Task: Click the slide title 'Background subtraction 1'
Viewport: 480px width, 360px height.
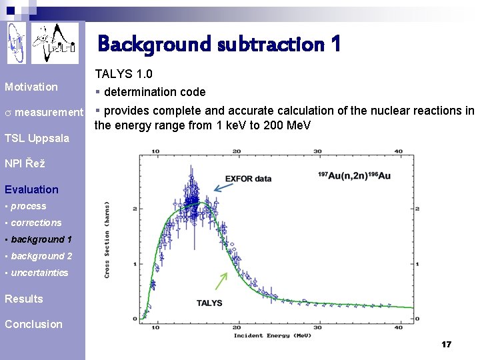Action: click(219, 44)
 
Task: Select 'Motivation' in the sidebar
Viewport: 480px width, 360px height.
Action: click(31, 87)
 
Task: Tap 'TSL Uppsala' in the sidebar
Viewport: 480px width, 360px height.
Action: click(37, 138)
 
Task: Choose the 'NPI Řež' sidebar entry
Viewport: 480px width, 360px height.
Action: click(25, 164)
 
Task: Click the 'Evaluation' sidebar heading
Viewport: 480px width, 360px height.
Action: click(31, 189)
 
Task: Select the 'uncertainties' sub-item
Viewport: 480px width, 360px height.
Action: click(39, 273)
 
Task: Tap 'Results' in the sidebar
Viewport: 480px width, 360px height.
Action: click(24, 299)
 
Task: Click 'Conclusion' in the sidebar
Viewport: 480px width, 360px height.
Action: click(33, 324)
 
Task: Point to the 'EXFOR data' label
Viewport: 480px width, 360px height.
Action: click(249, 179)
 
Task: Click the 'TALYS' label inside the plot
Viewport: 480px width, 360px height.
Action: click(209, 303)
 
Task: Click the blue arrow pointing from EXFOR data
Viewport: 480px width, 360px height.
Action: click(224, 187)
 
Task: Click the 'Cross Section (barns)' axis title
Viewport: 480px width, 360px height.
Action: click(107, 240)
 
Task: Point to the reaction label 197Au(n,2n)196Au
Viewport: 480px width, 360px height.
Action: click(355, 175)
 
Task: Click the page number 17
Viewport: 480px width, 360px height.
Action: click(446, 345)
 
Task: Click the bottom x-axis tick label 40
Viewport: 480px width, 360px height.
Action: click(399, 327)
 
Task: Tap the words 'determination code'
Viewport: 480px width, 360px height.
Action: click(155, 92)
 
